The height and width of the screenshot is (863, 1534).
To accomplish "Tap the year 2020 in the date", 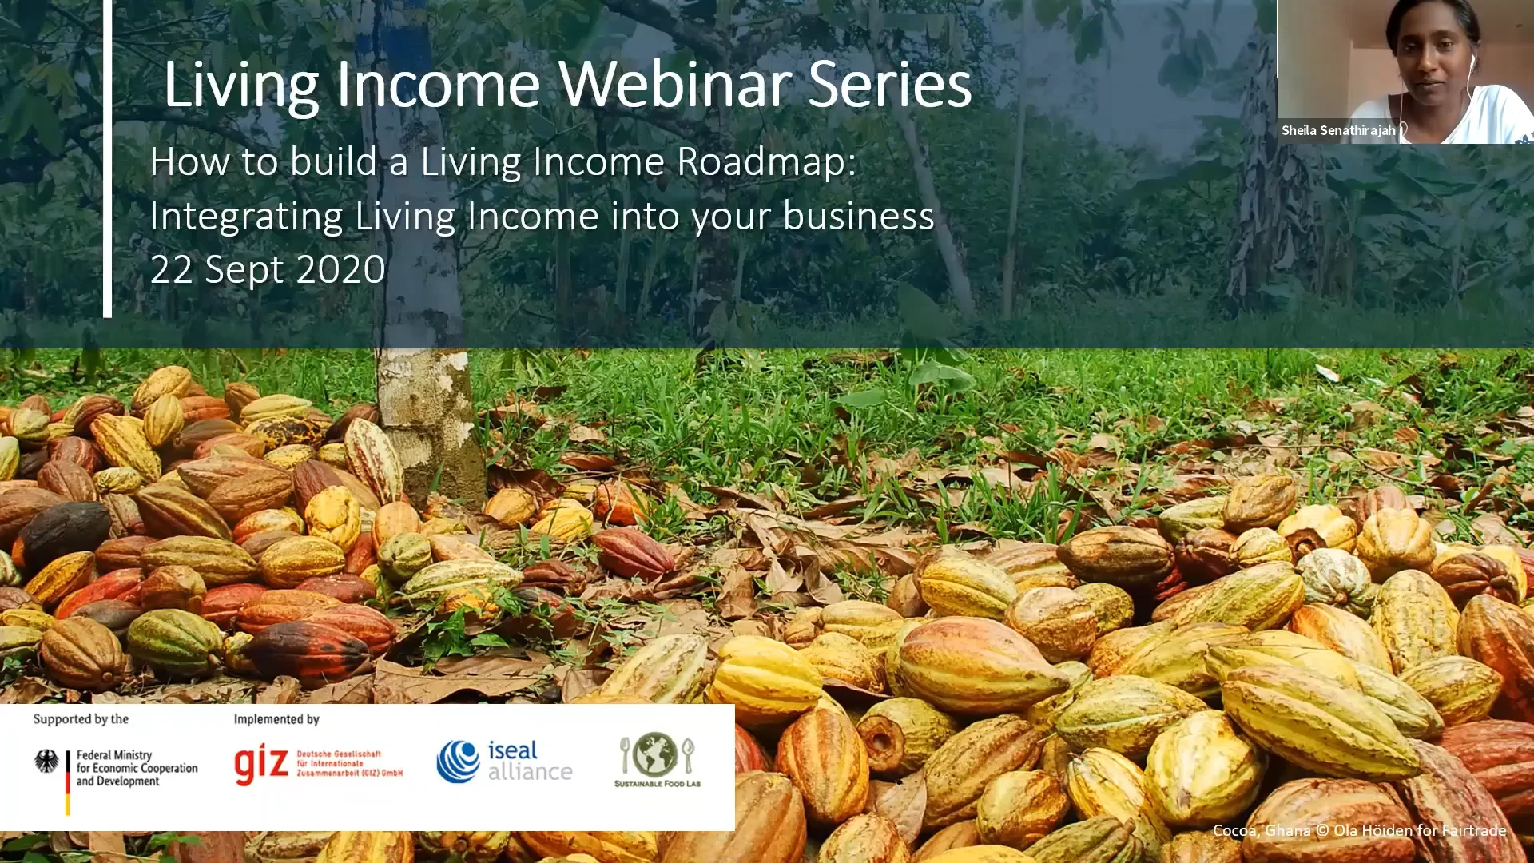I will tap(340, 270).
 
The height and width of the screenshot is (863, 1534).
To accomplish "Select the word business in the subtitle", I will tap(858, 216).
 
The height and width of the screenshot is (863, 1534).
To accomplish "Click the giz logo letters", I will tap(260, 766).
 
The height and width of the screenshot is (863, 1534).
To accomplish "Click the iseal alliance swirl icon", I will tap(458, 762).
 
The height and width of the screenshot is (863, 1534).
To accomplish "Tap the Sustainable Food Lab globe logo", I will tap(657, 755).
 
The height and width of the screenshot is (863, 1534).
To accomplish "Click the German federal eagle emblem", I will tap(46, 762).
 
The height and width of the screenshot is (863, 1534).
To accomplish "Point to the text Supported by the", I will tap(81, 719).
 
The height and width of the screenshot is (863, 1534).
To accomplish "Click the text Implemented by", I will tap(276, 719).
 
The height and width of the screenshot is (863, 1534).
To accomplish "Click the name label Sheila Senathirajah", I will tap(1338, 130).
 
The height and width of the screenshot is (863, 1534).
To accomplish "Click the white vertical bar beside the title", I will tap(107, 160).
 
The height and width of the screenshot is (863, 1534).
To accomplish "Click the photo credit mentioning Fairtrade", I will tap(1358, 831).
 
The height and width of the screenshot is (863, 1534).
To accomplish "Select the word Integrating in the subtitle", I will tap(246, 217).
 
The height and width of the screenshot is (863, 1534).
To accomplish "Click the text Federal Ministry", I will tap(113, 754).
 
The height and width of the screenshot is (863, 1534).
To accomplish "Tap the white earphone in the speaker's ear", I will tap(1472, 62).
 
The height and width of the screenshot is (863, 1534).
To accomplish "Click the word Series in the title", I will tap(889, 85).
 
